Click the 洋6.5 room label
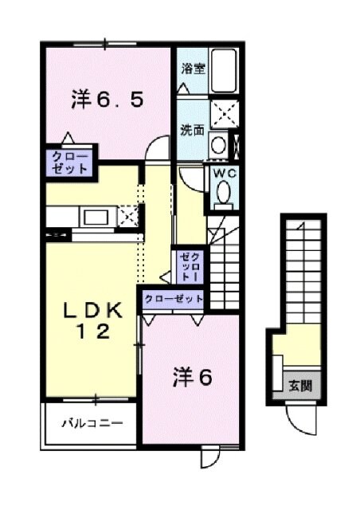pos(107,101)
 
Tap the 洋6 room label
pos(192,379)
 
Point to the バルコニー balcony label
pos(92,423)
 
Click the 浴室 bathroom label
pos(192,69)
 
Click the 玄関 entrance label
pos(300,386)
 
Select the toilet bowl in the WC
pos(223,193)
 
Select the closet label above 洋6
pos(174,299)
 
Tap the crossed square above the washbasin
pos(222,114)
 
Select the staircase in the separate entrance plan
pos(300,271)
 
